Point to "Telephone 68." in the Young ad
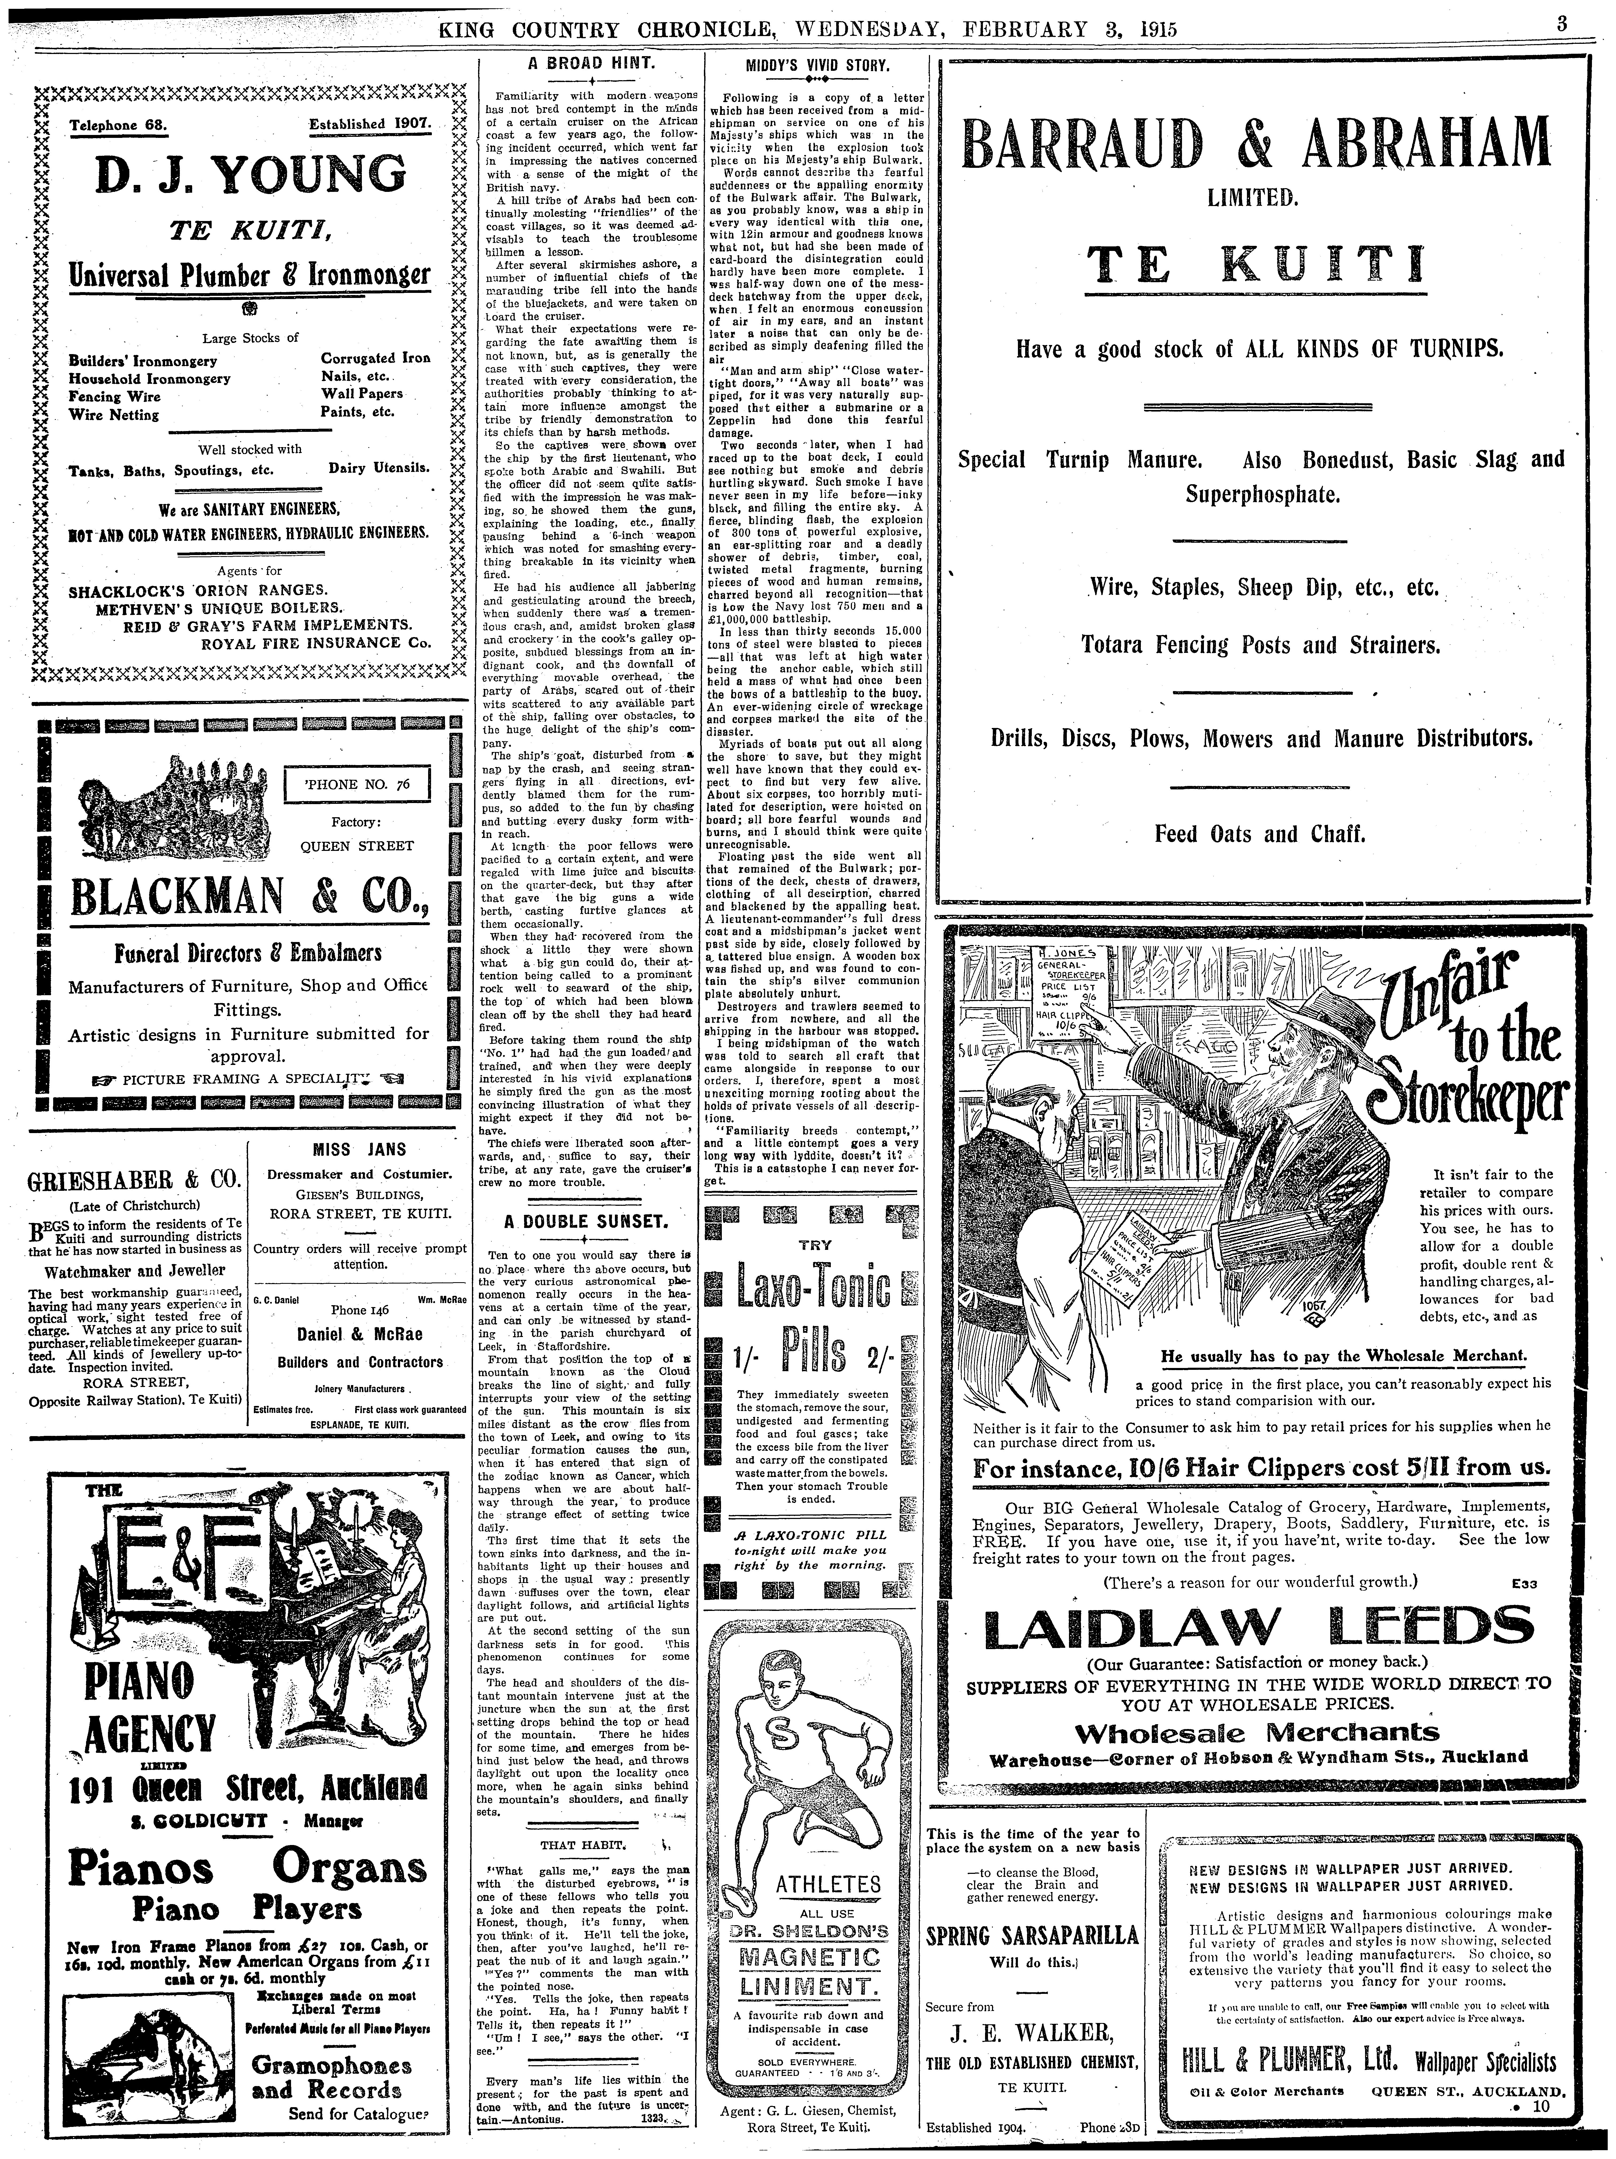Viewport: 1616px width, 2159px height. pyautogui.click(x=119, y=125)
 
